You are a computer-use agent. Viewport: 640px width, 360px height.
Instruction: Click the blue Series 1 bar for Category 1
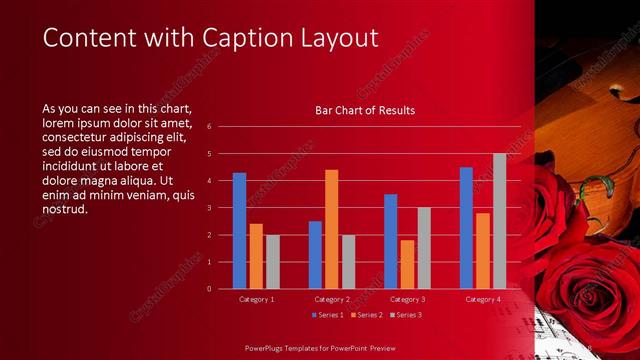tap(239, 230)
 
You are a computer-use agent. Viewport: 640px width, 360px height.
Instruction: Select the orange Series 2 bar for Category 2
tap(331, 229)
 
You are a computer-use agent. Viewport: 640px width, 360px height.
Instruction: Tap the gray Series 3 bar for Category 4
tap(499, 221)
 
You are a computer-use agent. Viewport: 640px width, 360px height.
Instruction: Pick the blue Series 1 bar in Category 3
tap(390, 241)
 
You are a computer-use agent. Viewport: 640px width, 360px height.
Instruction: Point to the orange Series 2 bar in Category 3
tap(407, 264)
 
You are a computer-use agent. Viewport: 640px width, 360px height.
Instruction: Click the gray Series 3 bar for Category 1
tap(273, 261)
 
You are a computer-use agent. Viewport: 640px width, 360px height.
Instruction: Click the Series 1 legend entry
tap(329, 315)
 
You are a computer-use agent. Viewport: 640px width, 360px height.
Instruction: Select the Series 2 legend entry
tap(366, 315)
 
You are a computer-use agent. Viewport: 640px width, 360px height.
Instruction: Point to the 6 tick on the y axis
tap(210, 127)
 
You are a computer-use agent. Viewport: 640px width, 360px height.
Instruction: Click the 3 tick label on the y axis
tap(210, 208)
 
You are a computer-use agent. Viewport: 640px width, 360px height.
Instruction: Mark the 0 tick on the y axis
tap(210, 289)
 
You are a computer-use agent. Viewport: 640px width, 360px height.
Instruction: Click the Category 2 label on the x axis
tap(332, 299)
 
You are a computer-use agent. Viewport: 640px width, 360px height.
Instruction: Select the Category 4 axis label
tap(483, 299)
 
